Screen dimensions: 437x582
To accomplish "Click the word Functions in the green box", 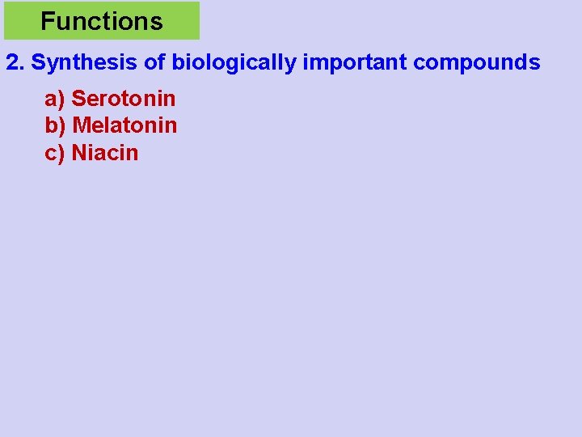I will click(101, 21).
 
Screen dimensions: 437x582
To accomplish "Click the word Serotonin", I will click(124, 99).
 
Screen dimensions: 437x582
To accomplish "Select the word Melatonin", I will click(124, 125).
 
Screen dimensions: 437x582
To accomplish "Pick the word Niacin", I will click(105, 153).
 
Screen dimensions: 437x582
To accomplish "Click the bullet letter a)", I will click(54, 100).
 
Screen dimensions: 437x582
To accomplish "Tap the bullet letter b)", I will click(55, 126).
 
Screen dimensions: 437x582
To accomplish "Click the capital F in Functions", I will click(46, 21).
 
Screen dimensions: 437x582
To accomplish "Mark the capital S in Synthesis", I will click(37, 62).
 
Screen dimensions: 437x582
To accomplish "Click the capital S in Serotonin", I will click(78, 99).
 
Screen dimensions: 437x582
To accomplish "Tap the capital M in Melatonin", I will click(80, 125).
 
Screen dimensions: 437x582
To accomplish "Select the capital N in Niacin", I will click(79, 153).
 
